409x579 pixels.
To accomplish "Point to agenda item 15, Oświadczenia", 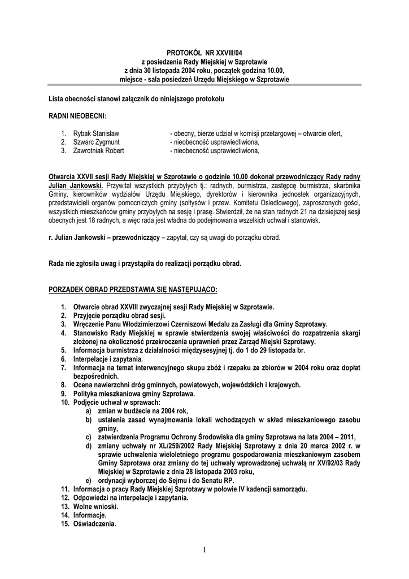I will coord(94,524).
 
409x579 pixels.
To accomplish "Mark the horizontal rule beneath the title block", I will coord(204,85).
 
